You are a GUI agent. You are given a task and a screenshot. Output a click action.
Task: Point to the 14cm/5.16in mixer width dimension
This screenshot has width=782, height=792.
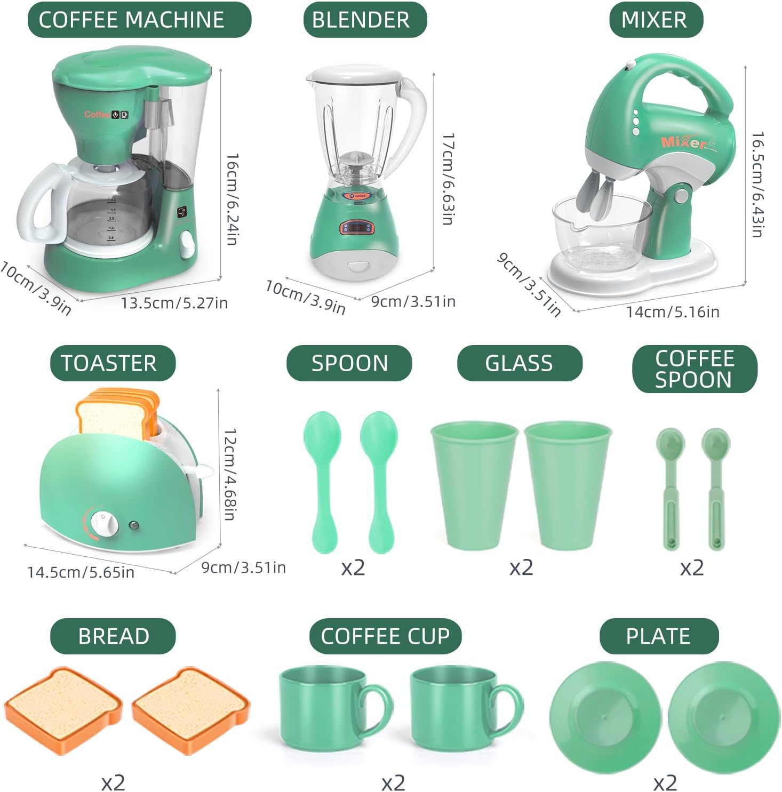(x=672, y=311)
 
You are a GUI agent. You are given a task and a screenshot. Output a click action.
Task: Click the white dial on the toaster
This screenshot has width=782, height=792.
(x=103, y=523)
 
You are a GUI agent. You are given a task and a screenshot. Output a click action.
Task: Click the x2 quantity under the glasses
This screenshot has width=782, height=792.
(x=521, y=567)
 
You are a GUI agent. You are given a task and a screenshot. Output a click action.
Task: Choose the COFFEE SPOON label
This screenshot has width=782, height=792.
(x=694, y=369)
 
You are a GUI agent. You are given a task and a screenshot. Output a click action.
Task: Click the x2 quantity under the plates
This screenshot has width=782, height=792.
(x=665, y=782)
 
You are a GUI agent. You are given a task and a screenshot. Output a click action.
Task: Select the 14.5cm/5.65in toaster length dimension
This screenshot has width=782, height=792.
(x=81, y=572)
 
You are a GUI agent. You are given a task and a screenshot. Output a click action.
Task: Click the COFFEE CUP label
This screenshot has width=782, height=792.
(x=385, y=636)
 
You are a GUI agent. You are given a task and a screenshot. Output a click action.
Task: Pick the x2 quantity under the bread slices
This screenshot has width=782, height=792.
(x=113, y=782)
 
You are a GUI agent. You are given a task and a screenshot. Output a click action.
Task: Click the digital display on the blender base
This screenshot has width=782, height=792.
(x=357, y=227)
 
